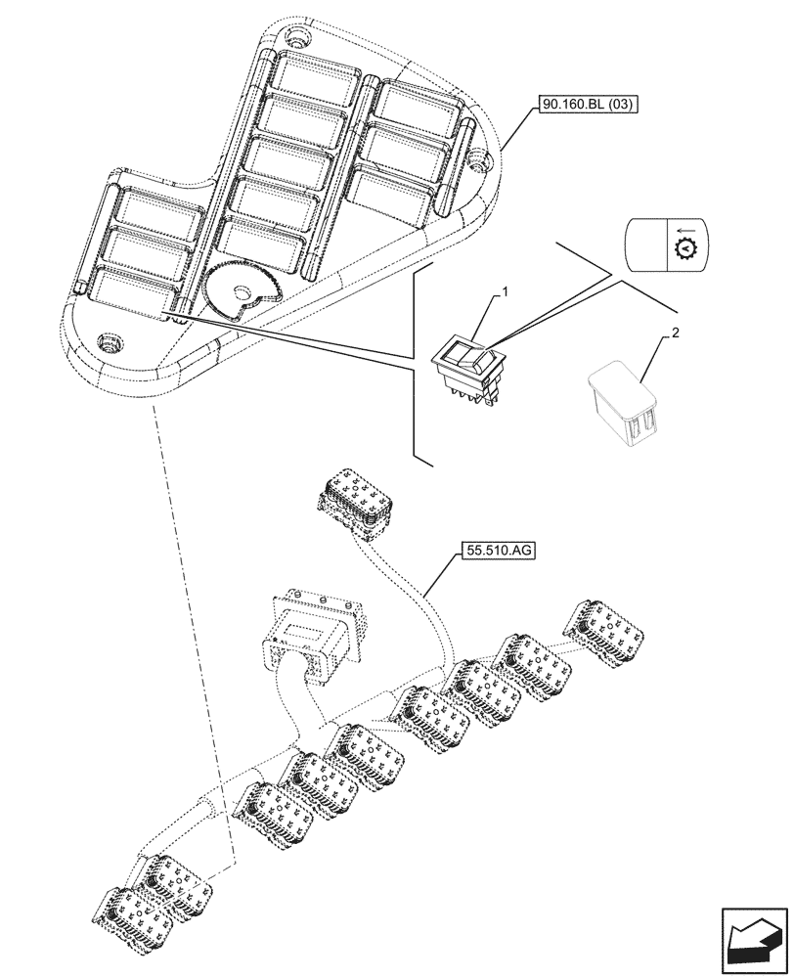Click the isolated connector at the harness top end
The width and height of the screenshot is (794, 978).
[354, 498]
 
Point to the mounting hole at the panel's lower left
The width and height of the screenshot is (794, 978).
[109, 342]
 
